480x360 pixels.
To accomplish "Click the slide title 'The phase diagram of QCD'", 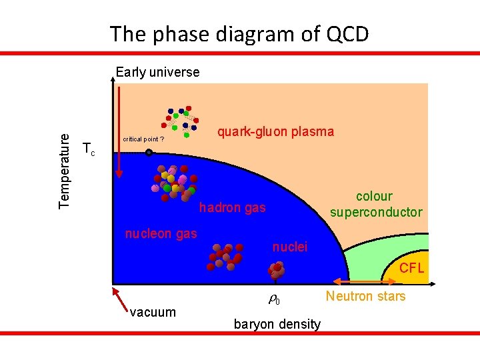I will [x=239, y=33].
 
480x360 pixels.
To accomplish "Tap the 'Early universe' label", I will [x=157, y=72].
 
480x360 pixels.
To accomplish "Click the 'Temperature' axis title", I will [x=65, y=169].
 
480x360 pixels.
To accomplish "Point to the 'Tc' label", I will [x=88, y=149].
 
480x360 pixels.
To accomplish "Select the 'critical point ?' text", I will [x=143, y=139].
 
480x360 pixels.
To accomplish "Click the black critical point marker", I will [x=149, y=153].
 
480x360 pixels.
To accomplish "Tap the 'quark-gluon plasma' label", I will [x=276, y=131].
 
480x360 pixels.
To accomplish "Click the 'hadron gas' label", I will [x=233, y=208].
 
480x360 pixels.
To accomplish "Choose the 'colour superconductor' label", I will [x=376, y=204].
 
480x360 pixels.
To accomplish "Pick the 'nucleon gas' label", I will [x=161, y=233].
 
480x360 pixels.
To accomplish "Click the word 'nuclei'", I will [x=290, y=247].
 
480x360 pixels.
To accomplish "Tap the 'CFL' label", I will [x=411, y=269].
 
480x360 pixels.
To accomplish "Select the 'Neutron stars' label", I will [x=365, y=296].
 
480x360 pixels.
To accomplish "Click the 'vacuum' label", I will [x=153, y=312].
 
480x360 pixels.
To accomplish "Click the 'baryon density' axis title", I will [x=277, y=325].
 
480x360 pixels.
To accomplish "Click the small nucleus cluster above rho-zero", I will [x=276, y=269].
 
